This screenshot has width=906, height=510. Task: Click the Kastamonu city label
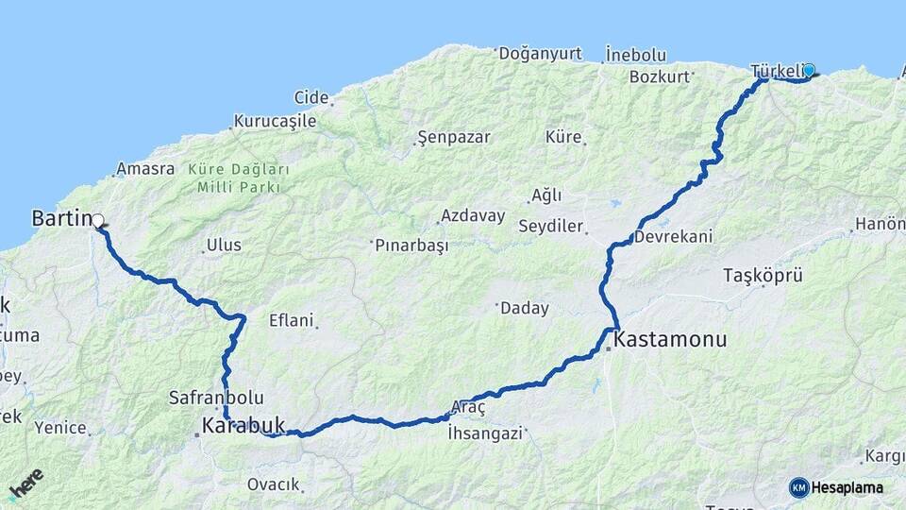click(671, 338)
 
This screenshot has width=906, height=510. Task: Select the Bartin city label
click(59, 218)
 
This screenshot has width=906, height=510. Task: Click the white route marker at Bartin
click(98, 221)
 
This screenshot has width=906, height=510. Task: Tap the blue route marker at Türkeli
click(809, 69)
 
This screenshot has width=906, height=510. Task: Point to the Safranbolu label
click(216, 398)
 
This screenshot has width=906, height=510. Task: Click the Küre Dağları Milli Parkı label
click(238, 178)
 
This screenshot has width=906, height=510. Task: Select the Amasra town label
click(145, 169)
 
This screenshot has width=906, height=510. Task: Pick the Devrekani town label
click(674, 236)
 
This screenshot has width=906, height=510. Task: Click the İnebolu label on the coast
click(636, 54)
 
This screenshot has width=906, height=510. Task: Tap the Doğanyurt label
click(543, 53)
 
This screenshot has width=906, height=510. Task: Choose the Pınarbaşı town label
click(411, 245)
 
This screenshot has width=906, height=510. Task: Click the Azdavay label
click(473, 215)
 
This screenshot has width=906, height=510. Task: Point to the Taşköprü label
click(763, 276)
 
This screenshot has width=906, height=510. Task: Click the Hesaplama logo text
click(847, 487)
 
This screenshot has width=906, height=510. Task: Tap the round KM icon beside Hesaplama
click(798, 487)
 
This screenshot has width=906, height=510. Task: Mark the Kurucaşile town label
click(275, 121)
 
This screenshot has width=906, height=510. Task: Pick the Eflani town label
click(291, 320)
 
